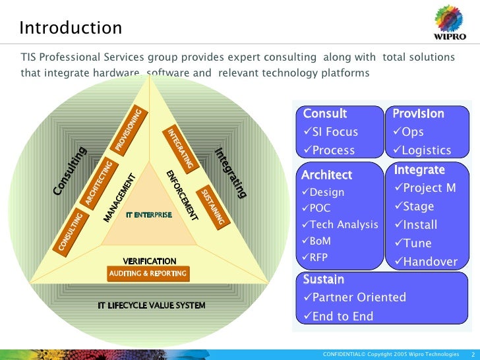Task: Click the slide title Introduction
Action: [x=71, y=28]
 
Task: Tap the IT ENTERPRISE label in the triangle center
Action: [x=149, y=216]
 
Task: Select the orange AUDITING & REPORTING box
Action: [x=148, y=274]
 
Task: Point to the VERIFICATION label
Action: [x=150, y=262]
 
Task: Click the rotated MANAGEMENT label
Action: [x=119, y=198]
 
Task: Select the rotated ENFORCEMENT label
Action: [x=182, y=195]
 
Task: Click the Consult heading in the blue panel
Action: [x=324, y=113]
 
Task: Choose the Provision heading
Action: [x=418, y=113]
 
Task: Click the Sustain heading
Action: [x=323, y=280]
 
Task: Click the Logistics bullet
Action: [x=422, y=150]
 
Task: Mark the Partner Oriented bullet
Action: [x=354, y=297]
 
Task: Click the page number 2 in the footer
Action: [x=473, y=354]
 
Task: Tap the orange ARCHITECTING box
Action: [x=98, y=183]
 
